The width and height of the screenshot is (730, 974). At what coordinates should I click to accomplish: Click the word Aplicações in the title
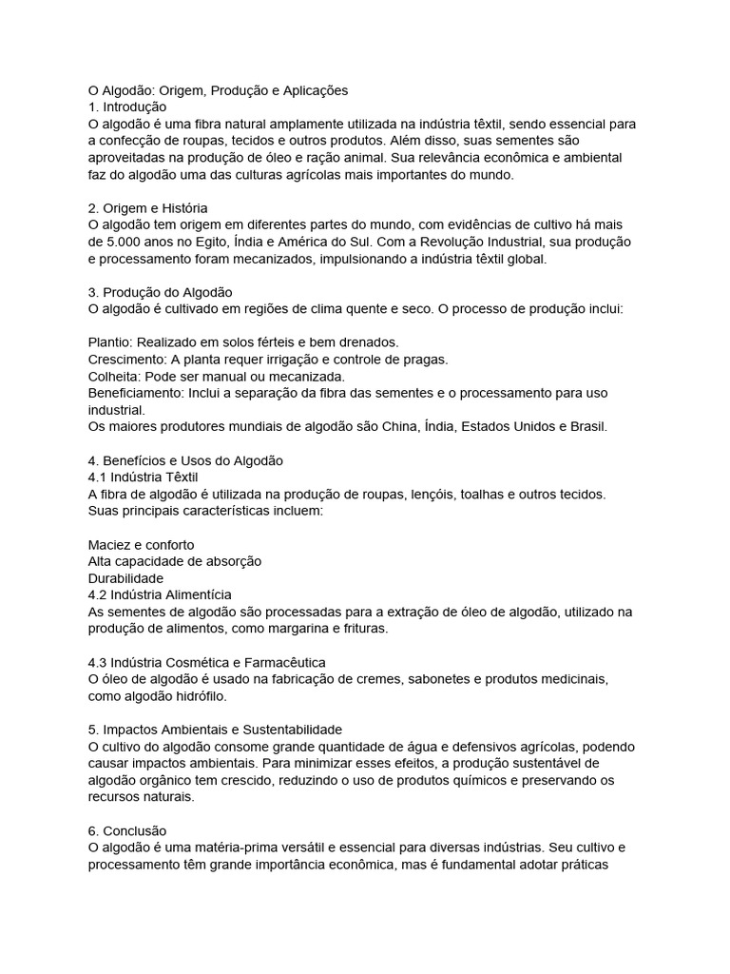pos(315,90)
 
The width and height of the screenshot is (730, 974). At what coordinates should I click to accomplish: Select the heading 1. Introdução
pos(126,107)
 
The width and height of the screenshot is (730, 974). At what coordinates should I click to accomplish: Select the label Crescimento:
pos(127,359)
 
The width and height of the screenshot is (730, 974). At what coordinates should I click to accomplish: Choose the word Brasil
pos(586,426)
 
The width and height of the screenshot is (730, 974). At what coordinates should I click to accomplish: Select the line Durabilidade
pos(125,577)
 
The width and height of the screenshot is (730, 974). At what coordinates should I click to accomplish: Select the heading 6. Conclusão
pos(126,830)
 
